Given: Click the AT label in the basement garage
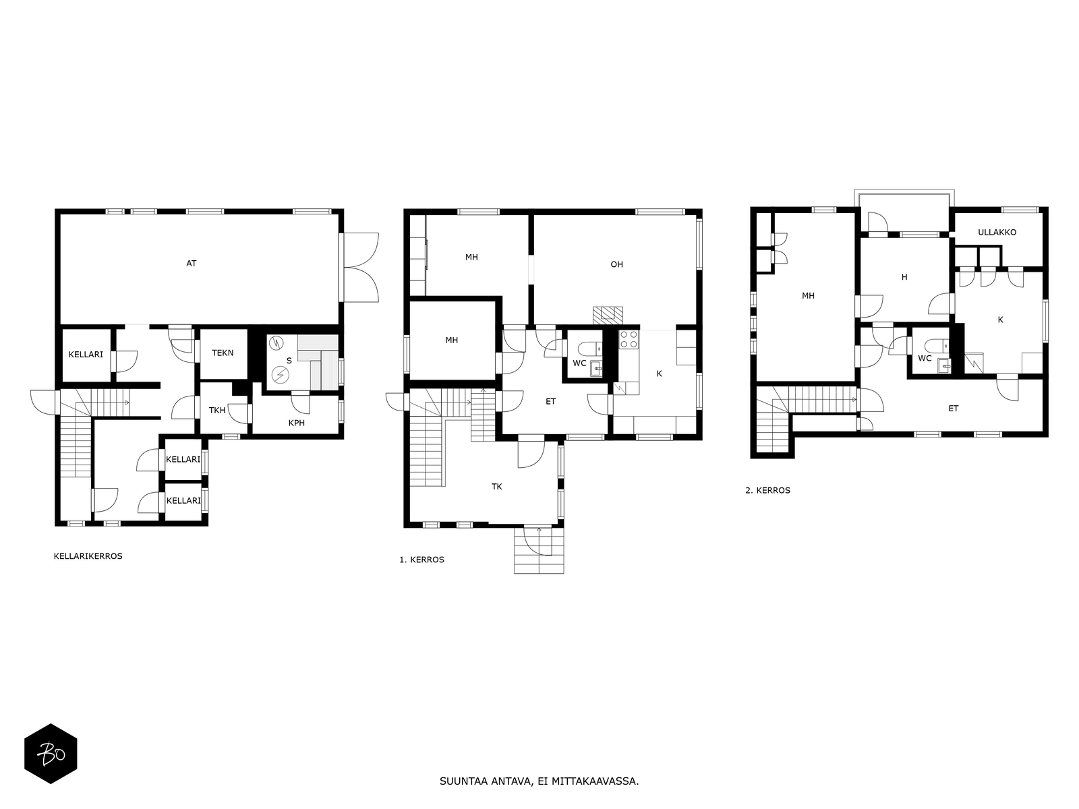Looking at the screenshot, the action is point(192,264).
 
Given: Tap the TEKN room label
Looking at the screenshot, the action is point(223,353).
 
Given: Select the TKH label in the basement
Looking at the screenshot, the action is point(216,410).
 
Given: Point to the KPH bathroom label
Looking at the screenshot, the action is point(297,423).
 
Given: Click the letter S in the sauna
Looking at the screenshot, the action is point(289,361).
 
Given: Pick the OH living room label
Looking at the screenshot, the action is point(617,264).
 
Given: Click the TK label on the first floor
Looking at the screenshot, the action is point(497,487).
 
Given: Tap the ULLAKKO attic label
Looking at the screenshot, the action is point(997,233).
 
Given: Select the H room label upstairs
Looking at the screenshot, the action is point(904,277).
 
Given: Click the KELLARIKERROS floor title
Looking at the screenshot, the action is point(88,556).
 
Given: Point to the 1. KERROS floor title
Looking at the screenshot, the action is point(421,560).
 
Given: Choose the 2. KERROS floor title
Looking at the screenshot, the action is point(768,490).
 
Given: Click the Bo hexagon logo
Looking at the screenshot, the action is point(51,754).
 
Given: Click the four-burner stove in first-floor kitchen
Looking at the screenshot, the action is point(629,339).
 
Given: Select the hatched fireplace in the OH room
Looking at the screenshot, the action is point(608,316).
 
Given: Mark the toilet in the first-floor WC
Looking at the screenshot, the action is point(589,349).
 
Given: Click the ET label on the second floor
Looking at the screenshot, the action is point(953,408).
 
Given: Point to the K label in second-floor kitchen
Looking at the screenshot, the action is point(1000,320).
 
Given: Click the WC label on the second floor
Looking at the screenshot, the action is point(925,358).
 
